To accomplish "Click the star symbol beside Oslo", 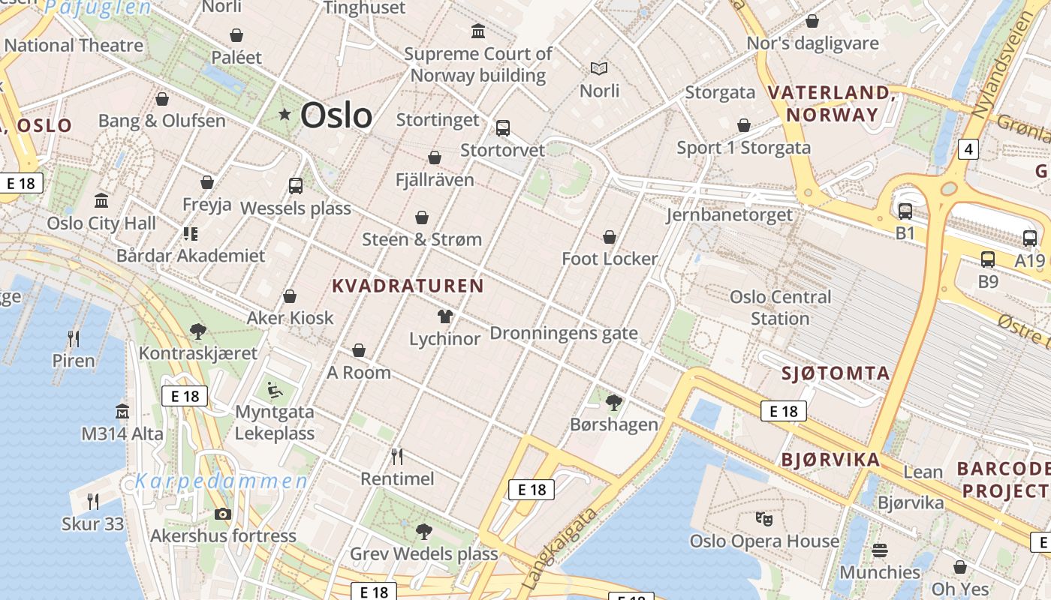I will coord(285,115).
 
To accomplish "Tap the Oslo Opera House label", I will coord(764,541).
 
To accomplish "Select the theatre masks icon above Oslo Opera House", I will coord(764,518).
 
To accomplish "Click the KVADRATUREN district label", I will coord(408,286).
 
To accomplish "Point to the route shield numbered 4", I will coord(968,149).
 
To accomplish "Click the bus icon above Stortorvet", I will coord(503,128).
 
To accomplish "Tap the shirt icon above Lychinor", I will coord(445,316).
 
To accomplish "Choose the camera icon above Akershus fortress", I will coord(223,514).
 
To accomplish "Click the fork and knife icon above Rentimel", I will coord(397,456).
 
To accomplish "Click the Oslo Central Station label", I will coord(781,307).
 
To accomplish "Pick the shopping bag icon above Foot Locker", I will coord(610,237).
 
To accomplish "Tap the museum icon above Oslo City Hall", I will coord(101,201).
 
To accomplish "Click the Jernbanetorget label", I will coord(729,215).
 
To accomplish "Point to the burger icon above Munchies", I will coord(880,550).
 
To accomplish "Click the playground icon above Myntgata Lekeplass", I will coord(275,390).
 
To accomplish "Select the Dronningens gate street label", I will coord(563,333).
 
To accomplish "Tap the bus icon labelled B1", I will coord(905,211).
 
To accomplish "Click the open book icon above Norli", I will coord(599,69).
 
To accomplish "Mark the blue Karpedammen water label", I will coord(221,481).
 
